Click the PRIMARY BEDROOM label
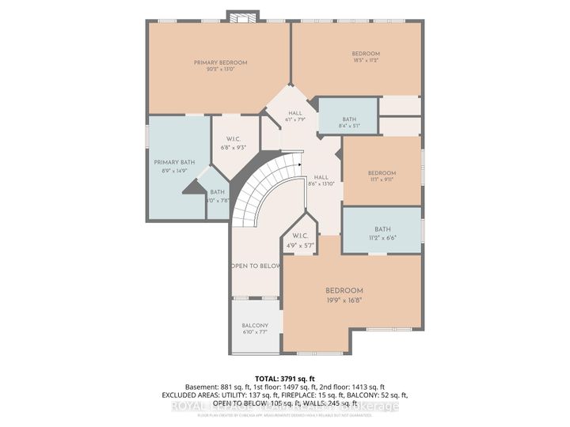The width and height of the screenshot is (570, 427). (x=221, y=62)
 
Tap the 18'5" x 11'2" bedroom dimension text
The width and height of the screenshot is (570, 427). (x=366, y=59)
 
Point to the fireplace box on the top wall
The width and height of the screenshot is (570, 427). (x=237, y=17)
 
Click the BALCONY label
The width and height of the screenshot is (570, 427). (x=255, y=325)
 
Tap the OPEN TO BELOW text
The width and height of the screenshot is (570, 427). (x=256, y=266)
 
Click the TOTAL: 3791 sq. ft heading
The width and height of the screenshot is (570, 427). (x=284, y=379)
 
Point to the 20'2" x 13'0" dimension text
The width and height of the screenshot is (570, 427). (x=221, y=70)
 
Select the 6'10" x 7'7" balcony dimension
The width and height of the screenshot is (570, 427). (x=255, y=332)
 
